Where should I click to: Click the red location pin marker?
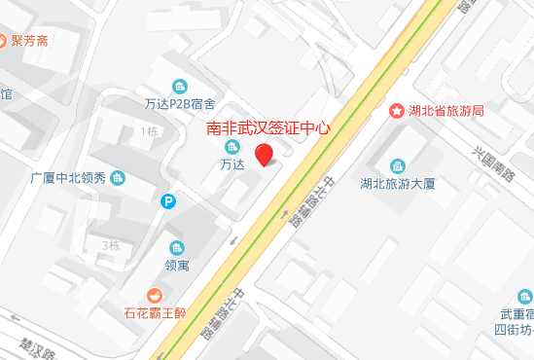(x=264, y=155)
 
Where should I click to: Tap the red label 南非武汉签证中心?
(x=270, y=127)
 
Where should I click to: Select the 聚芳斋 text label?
(x=32, y=43)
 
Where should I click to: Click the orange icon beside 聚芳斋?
(x=6, y=43)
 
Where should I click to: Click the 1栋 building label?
(x=149, y=131)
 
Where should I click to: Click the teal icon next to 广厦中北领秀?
(x=118, y=178)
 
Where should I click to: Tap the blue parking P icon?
(x=169, y=201)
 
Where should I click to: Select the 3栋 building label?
(x=110, y=245)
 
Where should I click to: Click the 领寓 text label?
(x=176, y=264)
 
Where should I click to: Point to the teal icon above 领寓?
(x=176, y=247)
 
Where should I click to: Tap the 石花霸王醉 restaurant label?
(x=160, y=313)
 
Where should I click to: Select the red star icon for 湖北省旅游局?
(x=396, y=111)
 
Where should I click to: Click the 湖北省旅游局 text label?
(x=446, y=111)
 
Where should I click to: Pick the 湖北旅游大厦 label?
(x=396, y=183)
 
